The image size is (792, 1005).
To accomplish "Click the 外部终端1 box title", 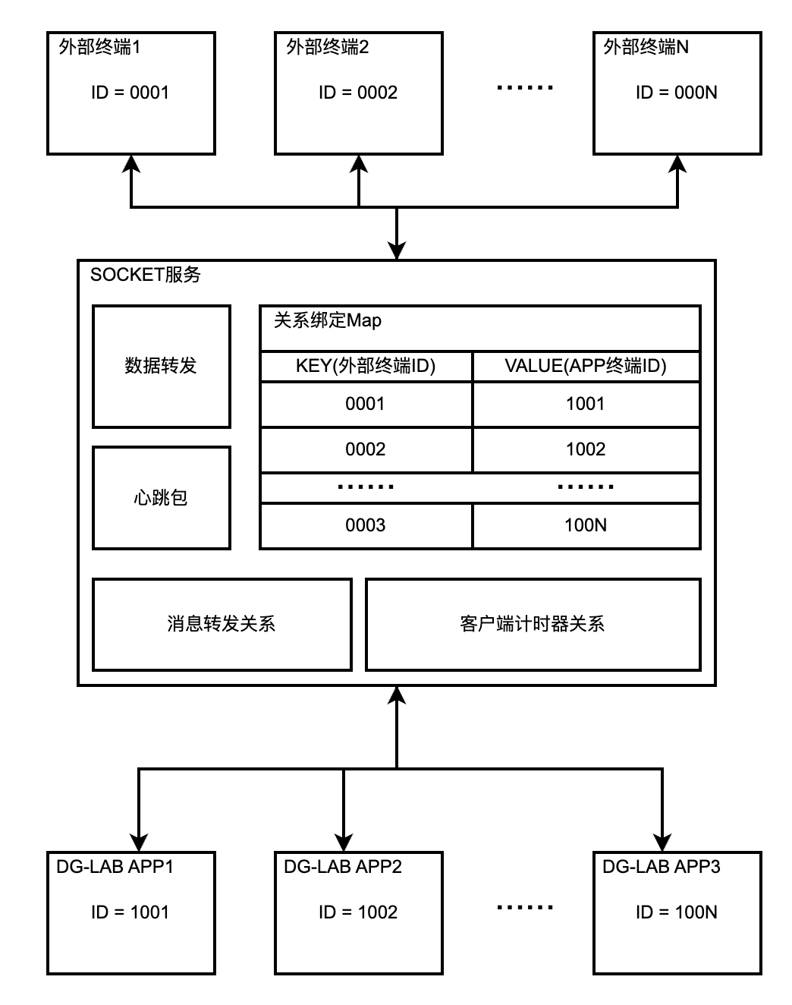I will pyautogui.click(x=99, y=47).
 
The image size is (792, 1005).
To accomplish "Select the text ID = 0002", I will pyautogui.click(x=357, y=93).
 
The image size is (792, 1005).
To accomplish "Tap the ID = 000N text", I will pyautogui.click(x=676, y=93).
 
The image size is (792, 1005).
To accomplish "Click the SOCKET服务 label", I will pyautogui.click(x=145, y=275).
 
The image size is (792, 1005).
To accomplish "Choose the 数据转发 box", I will pyautogui.click(x=161, y=366).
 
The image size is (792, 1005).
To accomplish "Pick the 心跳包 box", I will pyautogui.click(x=161, y=498).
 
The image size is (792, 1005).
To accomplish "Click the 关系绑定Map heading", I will pyautogui.click(x=327, y=320).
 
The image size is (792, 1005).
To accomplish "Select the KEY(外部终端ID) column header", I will pyautogui.click(x=366, y=366).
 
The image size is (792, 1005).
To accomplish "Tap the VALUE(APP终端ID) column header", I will pyautogui.click(x=586, y=366).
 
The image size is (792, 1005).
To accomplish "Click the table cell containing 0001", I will pyautogui.click(x=366, y=404).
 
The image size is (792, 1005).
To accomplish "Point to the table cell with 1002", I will pyautogui.click(x=586, y=449).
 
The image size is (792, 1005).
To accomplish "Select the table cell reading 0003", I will pyautogui.click(x=366, y=525).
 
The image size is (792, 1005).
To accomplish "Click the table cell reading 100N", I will pyautogui.click(x=586, y=525).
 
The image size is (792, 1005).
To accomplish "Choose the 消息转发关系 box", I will pyautogui.click(x=222, y=624).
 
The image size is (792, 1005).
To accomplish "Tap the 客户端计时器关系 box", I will pyautogui.click(x=533, y=624).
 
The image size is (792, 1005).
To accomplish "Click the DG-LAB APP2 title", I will pyautogui.click(x=342, y=867).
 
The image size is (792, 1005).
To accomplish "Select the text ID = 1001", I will pyautogui.click(x=130, y=912).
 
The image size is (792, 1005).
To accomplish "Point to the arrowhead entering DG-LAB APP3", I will pyautogui.click(x=662, y=843).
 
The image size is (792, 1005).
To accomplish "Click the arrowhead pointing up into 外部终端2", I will pyautogui.click(x=359, y=165).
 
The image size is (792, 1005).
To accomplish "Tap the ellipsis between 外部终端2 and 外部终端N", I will pyautogui.click(x=525, y=88).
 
